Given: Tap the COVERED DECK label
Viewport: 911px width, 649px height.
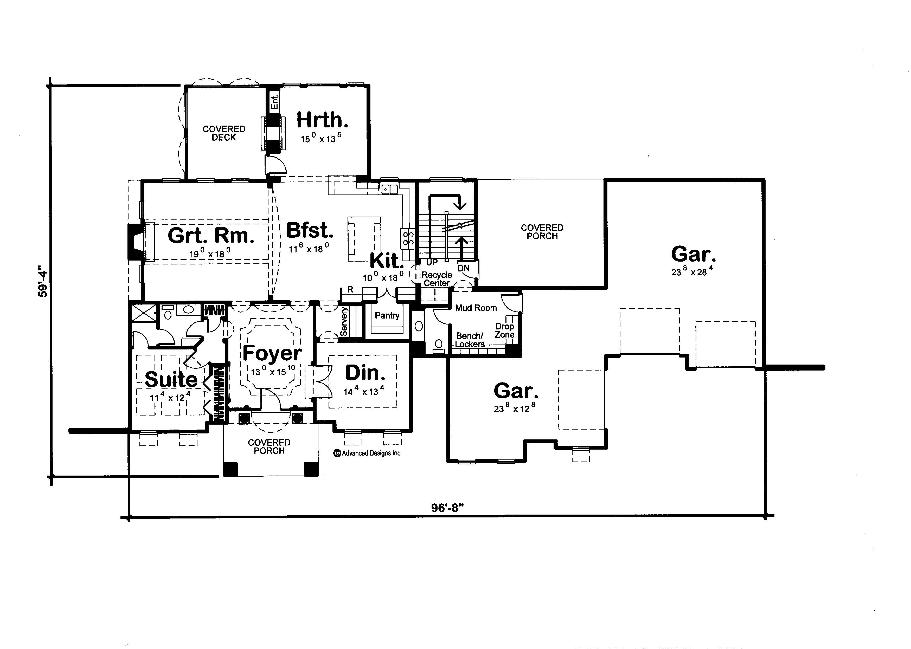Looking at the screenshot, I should point(224,133).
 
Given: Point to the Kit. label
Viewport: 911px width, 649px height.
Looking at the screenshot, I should point(386,261).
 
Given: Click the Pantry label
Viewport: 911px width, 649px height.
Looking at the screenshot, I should point(387,315).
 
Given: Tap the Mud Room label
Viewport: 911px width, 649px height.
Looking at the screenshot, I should point(476,308).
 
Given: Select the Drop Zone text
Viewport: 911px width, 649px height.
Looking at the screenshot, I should point(504,330).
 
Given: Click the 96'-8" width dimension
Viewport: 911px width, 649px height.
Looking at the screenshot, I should point(447,508).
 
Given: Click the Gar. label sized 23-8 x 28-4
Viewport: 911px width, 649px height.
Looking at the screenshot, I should point(693,254).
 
